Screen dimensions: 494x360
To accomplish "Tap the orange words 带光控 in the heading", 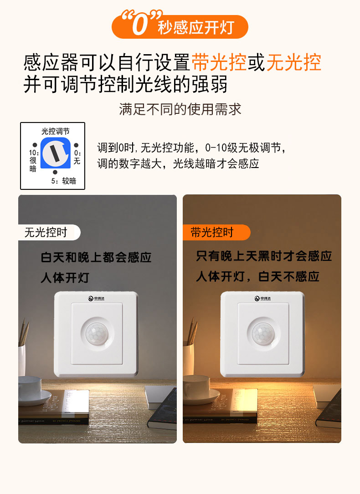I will point(219,62).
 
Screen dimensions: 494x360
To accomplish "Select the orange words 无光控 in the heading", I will point(293,62).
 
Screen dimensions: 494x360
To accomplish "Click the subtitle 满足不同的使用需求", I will point(180,109).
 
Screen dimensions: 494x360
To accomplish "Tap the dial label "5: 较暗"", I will point(63,181).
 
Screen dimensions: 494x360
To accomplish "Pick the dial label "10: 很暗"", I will point(33,160).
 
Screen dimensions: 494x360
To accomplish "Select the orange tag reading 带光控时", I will point(212,233).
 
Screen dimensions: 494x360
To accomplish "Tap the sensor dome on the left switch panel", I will point(97,334).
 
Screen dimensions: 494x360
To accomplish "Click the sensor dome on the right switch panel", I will point(263,334).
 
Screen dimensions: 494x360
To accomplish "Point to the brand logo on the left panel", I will point(97,299).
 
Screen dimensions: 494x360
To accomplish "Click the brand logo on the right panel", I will point(263,299).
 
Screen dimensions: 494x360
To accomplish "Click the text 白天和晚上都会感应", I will point(96,258).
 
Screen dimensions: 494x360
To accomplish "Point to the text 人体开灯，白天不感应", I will point(257,276).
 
